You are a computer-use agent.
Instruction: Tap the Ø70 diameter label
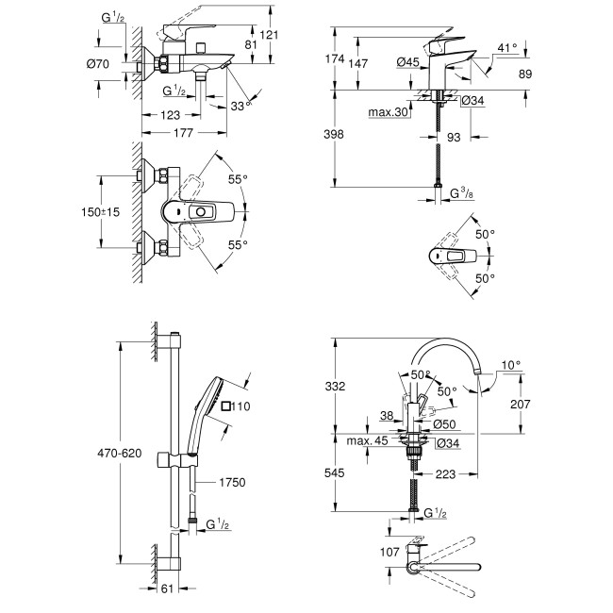point(112,64)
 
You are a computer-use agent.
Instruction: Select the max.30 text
point(388,112)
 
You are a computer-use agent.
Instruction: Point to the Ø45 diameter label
point(407,62)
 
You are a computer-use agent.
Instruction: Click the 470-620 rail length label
point(121,454)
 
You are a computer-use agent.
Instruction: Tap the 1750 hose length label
point(231,482)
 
